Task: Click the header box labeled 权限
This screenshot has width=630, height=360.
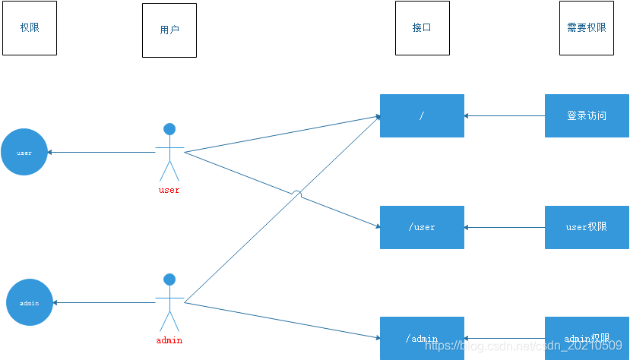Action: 30,27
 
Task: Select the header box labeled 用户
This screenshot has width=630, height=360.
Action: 169,30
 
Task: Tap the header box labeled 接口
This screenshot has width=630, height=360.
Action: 422,27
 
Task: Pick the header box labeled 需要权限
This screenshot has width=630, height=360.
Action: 586,27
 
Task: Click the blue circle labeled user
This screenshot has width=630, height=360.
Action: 24,152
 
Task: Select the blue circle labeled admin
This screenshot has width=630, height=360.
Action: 30,302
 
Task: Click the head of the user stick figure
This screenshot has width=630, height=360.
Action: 169,129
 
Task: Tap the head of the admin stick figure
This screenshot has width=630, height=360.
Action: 169,279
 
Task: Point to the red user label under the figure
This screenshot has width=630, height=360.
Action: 169,190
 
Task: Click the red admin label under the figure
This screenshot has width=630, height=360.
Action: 169,340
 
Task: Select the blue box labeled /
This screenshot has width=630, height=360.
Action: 422,115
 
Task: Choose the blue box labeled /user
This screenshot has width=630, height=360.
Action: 422,227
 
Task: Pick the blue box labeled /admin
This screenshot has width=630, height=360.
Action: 422,338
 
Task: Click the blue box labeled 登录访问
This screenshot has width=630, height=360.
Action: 586,115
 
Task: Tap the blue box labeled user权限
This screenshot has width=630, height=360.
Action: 586,227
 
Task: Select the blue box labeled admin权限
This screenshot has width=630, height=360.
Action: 586,338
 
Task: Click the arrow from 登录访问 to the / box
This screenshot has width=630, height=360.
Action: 505,116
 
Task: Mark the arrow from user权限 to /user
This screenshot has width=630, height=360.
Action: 505,227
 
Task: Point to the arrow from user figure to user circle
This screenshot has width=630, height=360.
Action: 102,153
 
